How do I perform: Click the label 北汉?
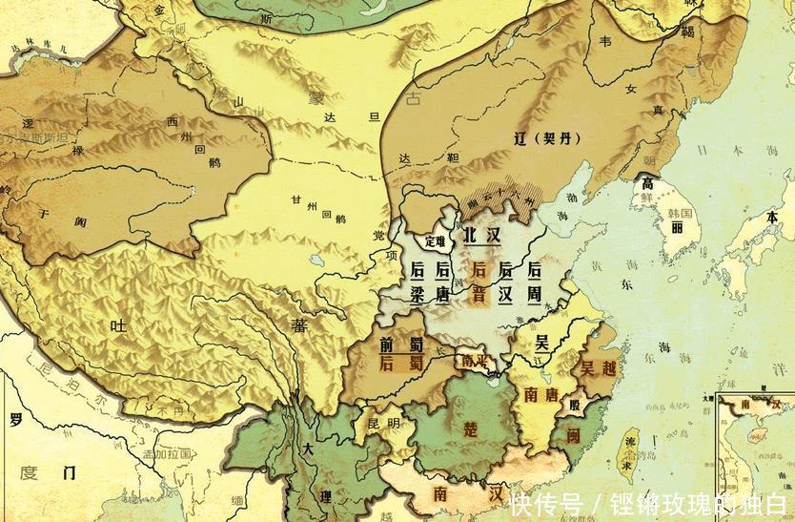(x=481, y=235)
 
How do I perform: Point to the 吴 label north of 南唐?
(x=540, y=343)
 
